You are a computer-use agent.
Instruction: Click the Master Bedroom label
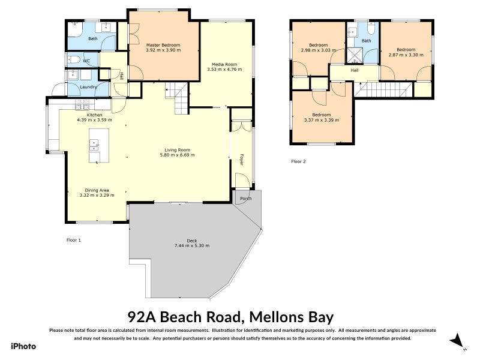point(163,45)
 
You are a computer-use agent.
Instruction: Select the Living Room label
point(177,150)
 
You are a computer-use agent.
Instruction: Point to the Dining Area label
point(97,190)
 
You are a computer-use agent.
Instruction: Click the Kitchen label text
point(94,115)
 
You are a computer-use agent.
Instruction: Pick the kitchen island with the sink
point(95,145)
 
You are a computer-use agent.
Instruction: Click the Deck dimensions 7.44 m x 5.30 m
point(191,246)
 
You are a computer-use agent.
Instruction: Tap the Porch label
point(245,199)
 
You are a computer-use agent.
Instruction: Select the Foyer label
point(242,159)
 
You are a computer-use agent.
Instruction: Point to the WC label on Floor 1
point(86,61)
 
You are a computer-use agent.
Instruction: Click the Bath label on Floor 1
point(93,38)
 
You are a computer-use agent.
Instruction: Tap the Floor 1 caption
point(73,239)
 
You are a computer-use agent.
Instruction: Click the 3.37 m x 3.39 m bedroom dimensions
point(321,119)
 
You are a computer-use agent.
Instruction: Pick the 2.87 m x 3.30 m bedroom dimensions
point(406,55)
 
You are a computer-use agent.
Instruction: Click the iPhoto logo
point(23,346)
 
